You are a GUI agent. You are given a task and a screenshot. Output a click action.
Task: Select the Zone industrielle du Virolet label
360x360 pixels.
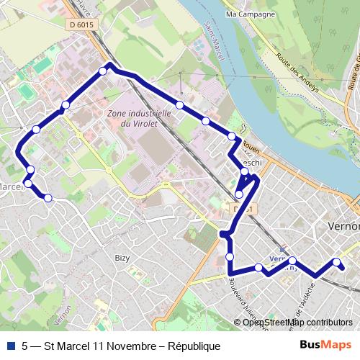138,119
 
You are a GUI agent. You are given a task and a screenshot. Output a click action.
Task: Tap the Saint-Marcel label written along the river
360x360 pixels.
214,40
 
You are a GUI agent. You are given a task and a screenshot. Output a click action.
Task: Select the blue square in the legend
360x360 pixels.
10,346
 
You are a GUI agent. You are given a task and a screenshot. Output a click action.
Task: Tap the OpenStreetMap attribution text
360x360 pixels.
297,322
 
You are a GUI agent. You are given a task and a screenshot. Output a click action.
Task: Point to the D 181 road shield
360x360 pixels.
243,209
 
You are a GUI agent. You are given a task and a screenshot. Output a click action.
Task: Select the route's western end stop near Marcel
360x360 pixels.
48,197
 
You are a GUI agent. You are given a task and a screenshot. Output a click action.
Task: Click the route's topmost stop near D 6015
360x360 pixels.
102,71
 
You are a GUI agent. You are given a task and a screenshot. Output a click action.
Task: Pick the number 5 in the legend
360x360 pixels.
25,346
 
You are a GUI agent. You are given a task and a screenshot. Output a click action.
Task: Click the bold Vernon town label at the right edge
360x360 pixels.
343,226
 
